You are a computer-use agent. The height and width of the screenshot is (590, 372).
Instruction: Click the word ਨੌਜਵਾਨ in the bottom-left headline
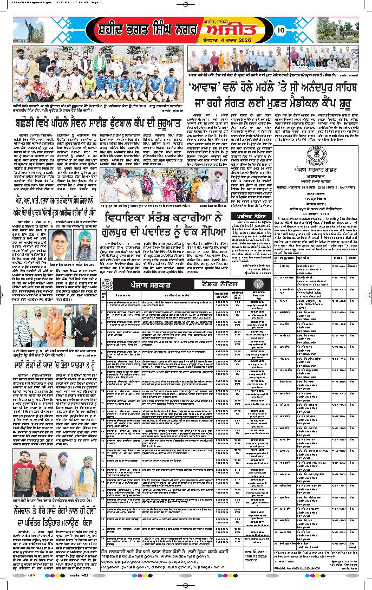[x=28, y=511]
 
